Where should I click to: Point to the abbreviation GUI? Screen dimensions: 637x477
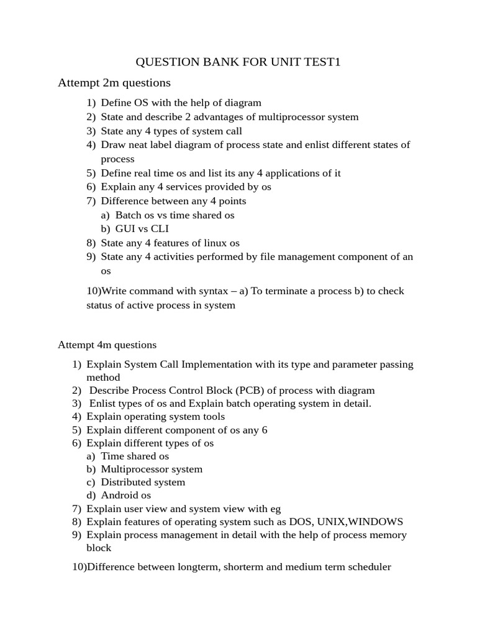[126, 229]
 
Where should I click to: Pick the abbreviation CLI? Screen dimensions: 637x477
[160, 229]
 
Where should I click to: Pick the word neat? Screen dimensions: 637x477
[135, 145]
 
